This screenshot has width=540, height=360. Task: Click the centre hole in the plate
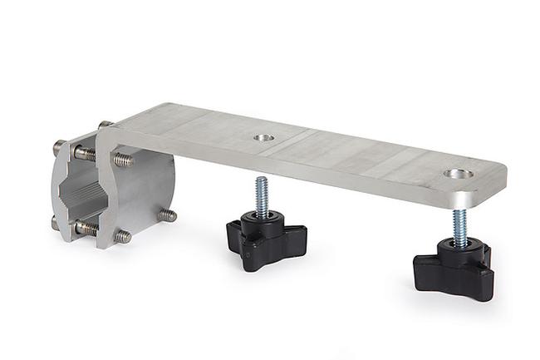pyautogui.click(x=263, y=137)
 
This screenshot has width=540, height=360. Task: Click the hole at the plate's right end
pyautogui.click(x=458, y=174)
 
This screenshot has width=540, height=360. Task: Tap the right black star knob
pyautogui.click(x=454, y=266)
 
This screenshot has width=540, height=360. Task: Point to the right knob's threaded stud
pyautogui.click(x=459, y=225)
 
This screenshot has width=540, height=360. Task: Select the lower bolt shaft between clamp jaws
pyautogui.click(x=86, y=226)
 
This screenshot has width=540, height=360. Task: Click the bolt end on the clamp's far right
pyautogui.click(x=169, y=215)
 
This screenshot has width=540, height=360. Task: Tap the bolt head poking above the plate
pyautogui.click(x=105, y=125)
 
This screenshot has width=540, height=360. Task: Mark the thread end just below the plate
pyautogui.click(x=123, y=159)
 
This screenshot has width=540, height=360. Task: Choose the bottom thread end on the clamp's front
pyautogui.click(x=123, y=237)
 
